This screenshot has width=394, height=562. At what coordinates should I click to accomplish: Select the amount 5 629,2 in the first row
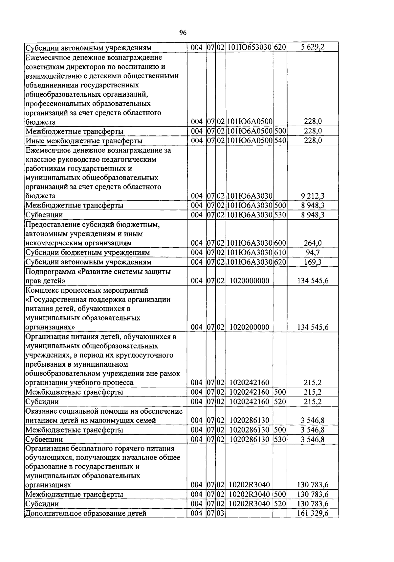point(313,47)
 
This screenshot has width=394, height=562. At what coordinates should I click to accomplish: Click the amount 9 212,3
point(313,196)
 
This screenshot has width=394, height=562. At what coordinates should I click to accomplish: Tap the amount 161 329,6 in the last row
point(313,513)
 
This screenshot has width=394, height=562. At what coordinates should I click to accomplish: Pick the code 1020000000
point(250,281)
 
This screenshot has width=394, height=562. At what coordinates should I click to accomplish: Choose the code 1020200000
point(250,327)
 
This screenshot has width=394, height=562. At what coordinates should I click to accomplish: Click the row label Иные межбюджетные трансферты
point(84,141)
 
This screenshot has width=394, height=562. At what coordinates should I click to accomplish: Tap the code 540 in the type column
point(280,141)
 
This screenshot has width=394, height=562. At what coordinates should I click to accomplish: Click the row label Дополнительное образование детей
point(86,513)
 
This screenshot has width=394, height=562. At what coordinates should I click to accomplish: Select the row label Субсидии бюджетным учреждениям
point(88,253)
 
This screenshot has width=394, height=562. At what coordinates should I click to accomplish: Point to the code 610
point(280,253)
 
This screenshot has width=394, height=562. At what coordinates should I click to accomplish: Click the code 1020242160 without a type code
point(250,382)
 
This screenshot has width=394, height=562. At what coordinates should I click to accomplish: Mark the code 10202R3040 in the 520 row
point(250,503)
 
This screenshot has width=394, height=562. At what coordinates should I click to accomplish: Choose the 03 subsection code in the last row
point(220,513)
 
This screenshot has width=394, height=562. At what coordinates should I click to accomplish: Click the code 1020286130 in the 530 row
point(250,439)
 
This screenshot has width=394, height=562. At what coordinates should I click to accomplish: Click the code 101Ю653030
point(250,47)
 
